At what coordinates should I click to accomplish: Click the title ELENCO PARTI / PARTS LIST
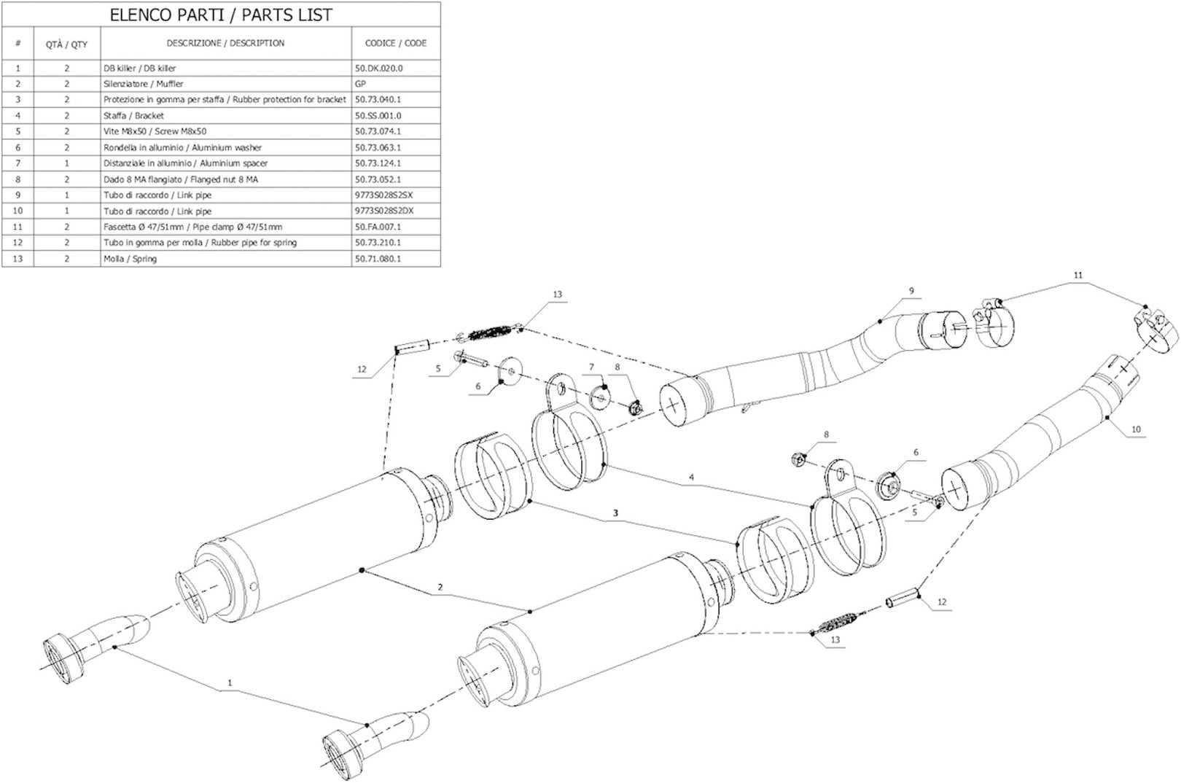coord(221,15)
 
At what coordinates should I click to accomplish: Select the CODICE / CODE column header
coord(396,43)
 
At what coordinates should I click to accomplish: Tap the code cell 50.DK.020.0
coord(378,68)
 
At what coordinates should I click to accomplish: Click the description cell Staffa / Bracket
coord(133,115)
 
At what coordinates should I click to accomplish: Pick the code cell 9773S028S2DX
coord(383,211)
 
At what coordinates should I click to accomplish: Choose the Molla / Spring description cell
coord(130,258)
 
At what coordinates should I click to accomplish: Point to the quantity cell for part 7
coord(67,163)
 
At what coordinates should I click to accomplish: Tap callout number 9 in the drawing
coord(911,291)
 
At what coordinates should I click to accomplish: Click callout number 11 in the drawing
coord(1078,275)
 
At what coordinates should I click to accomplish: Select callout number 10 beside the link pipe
coord(1136,429)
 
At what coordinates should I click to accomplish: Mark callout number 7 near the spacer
coord(591,367)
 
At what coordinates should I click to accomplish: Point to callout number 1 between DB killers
coord(230,682)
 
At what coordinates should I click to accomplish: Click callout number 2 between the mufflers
coord(440,587)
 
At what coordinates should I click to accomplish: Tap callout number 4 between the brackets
coord(692,478)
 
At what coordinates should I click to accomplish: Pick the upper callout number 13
coord(557,295)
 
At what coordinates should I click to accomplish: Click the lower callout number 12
coord(942,601)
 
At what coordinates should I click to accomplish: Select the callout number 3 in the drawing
coord(615,513)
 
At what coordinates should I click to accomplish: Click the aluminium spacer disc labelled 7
coord(601,397)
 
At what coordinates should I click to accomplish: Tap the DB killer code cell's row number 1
coord(18,68)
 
